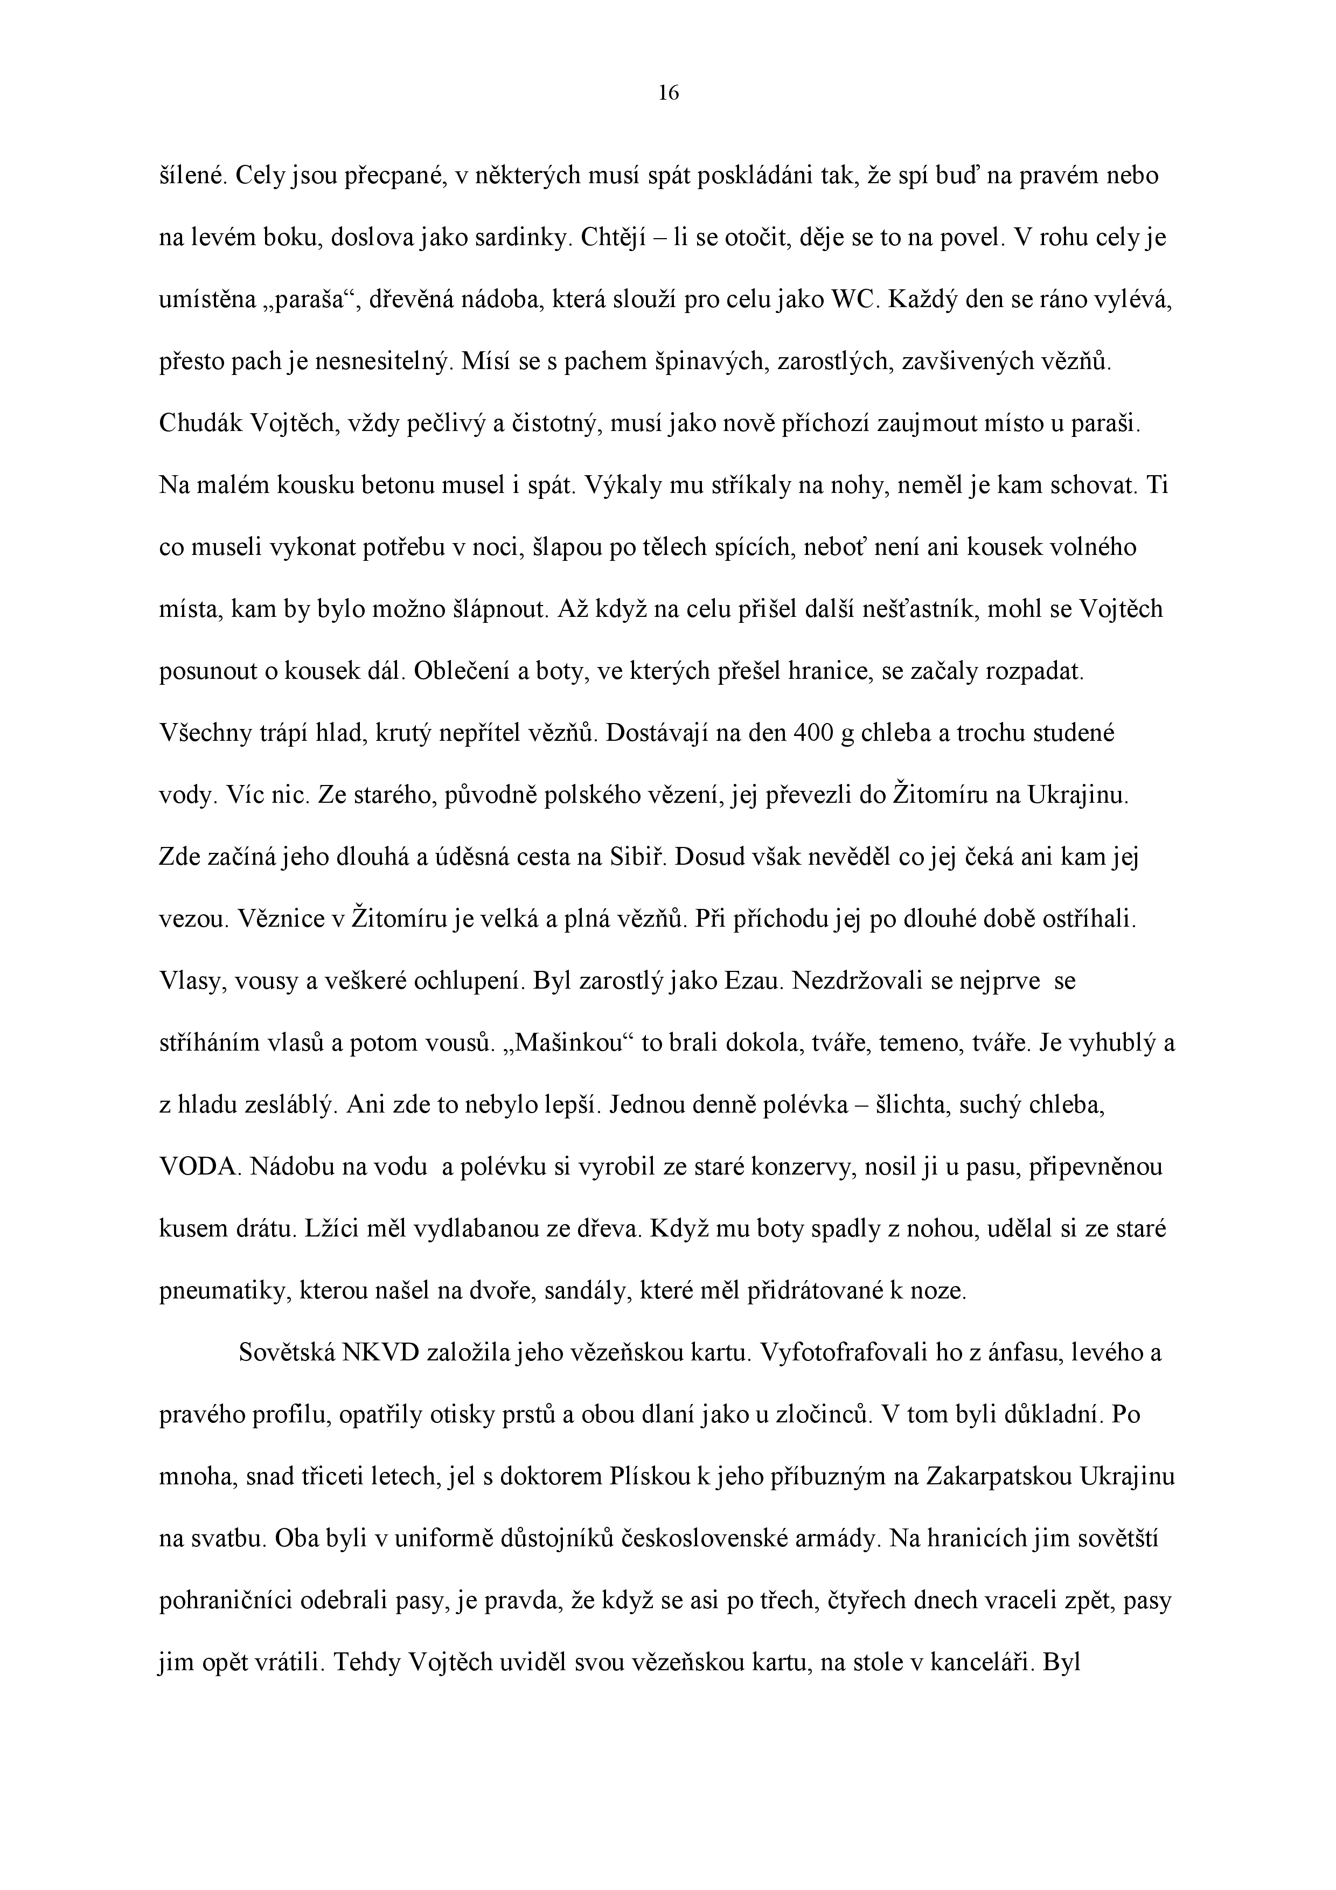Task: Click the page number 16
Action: pos(669,94)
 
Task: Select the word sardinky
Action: pos(521,238)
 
